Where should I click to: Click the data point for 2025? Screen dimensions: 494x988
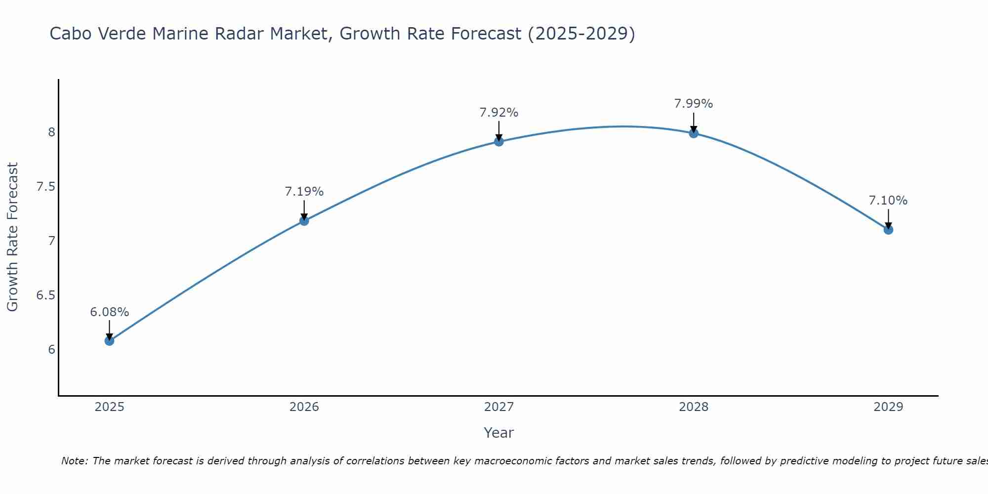click(x=109, y=340)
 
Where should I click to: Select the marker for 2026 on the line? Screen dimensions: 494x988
click(x=304, y=221)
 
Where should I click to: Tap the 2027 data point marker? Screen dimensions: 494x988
click(x=499, y=142)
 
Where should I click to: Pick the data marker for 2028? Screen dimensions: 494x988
click(x=694, y=133)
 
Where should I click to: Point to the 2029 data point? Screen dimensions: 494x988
click(x=888, y=230)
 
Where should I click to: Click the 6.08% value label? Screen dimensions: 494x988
click(x=109, y=312)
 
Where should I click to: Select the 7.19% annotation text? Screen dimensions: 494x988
click(x=304, y=192)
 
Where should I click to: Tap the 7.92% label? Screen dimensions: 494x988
click(x=499, y=113)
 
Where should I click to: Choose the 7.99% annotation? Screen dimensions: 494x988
click(x=694, y=104)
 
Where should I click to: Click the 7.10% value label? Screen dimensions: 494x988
click(x=888, y=201)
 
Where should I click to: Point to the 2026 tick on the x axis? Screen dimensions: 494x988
click(x=304, y=407)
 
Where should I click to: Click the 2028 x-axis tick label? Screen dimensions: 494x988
click(x=694, y=407)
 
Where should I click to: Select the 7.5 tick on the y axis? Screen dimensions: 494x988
click(x=45, y=187)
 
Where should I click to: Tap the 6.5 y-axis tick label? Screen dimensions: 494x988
click(x=45, y=295)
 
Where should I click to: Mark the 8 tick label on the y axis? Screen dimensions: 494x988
click(x=51, y=132)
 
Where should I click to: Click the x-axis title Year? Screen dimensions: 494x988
click(x=499, y=433)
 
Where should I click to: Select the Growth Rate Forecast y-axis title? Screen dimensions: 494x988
click(x=13, y=237)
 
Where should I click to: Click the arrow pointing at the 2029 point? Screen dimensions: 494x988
click(x=888, y=218)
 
